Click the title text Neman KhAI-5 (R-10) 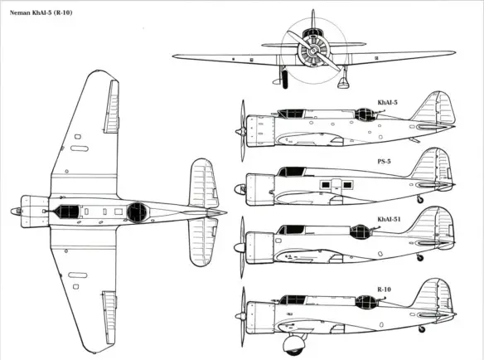[x=41, y=12]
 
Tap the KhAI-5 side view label [x=387, y=102]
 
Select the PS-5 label [x=384, y=161]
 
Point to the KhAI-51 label [x=389, y=219]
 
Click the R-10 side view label [x=384, y=289]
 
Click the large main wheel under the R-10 [x=293, y=345]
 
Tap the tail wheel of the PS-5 [x=420, y=200]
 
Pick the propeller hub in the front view [x=313, y=50]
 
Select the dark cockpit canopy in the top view [x=69, y=212]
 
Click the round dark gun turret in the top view [x=138, y=212]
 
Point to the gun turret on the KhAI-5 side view [x=364, y=114]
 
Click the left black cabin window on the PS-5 [x=326, y=185]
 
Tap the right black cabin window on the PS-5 [x=347, y=185]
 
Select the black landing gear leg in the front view [x=285, y=80]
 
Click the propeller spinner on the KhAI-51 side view [x=240, y=247]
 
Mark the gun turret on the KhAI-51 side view [x=360, y=231]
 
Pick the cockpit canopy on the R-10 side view [x=293, y=299]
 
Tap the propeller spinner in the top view [x=16, y=212]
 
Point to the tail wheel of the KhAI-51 [x=420, y=257]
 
